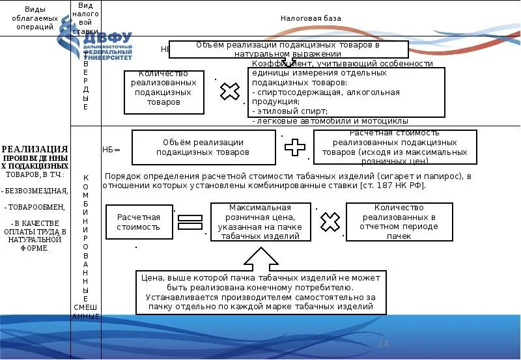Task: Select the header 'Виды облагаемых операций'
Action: [x=35, y=18]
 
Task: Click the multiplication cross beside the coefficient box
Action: [x=229, y=92]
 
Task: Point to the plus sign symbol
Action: [x=295, y=147]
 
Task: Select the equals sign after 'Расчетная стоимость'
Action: [x=190, y=223]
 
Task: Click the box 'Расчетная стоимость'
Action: [x=138, y=222]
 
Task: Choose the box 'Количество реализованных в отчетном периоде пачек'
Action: [x=399, y=222]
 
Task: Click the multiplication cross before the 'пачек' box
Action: [x=330, y=222]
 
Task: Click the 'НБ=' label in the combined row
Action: [x=112, y=149]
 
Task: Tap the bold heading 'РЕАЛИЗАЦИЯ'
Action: [x=35, y=149]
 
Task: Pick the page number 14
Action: [x=383, y=344]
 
